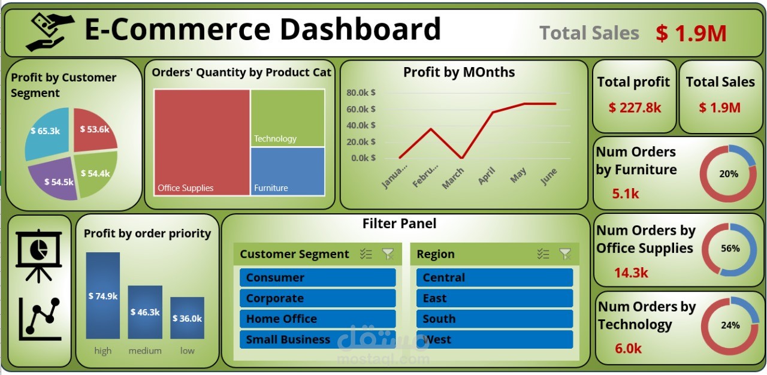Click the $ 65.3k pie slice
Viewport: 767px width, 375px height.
pyautogui.click(x=47, y=133)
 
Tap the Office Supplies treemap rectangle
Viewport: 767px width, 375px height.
pyautogui.click(x=201, y=142)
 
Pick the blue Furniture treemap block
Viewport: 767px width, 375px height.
pyautogui.click(x=288, y=171)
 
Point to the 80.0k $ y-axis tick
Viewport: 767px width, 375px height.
pyautogui.click(x=361, y=92)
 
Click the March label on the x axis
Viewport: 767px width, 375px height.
pyautogui.click(x=453, y=179)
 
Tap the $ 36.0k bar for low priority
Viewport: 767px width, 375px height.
pyautogui.click(x=187, y=318)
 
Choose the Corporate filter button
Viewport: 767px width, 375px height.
pyautogui.click(x=318, y=298)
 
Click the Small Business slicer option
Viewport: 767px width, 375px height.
pyautogui.click(x=318, y=340)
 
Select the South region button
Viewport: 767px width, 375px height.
pyautogui.click(x=494, y=319)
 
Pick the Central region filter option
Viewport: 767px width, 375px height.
pyautogui.click(x=494, y=277)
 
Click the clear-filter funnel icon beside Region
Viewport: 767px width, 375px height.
pyautogui.click(x=564, y=254)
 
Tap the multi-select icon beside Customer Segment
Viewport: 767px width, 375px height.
pyautogui.click(x=366, y=254)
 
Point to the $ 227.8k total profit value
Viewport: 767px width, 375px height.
pyautogui.click(x=635, y=108)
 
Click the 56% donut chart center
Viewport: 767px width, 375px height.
pyautogui.click(x=730, y=249)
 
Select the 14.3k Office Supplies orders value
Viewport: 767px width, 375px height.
pyautogui.click(x=631, y=273)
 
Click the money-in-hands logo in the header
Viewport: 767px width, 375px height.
pyautogui.click(x=50, y=32)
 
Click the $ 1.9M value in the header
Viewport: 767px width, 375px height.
pyautogui.click(x=691, y=34)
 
